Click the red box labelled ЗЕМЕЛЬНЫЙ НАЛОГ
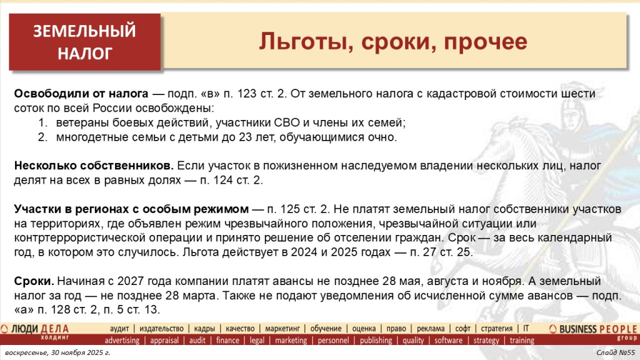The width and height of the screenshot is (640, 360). (84, 42)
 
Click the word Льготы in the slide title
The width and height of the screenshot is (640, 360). (296, 42)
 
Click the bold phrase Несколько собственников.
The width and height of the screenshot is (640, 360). (94, 167)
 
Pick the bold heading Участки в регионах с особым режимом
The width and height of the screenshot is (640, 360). (131, 209)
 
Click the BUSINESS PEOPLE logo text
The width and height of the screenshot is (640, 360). (597, 329)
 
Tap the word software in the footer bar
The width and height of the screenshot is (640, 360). (448, 341)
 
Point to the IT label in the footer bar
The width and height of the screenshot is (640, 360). (526, 329)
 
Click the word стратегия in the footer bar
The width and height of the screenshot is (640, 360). (497, 329)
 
